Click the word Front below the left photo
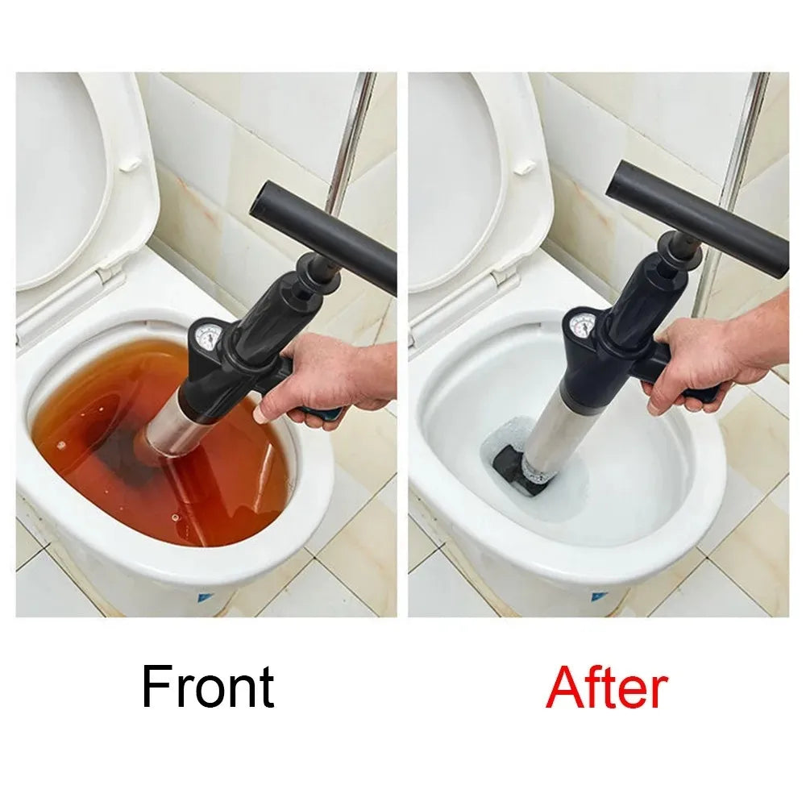(208, 688)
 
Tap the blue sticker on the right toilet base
(597, 597)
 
